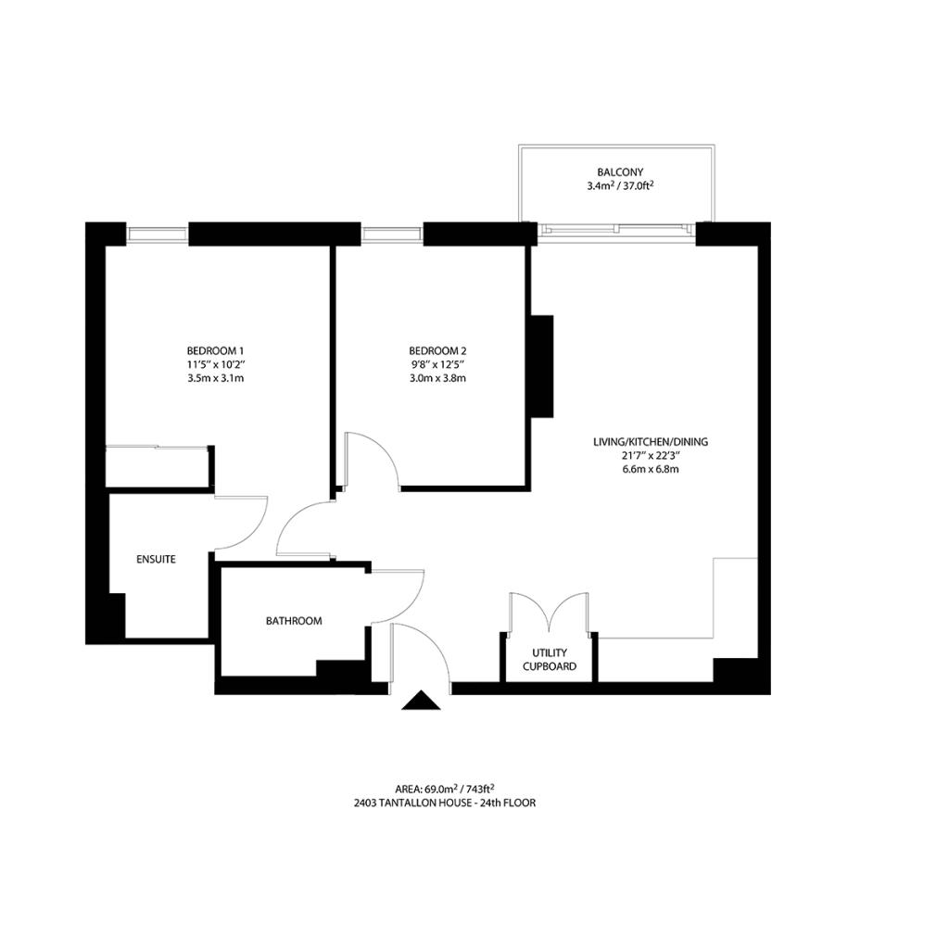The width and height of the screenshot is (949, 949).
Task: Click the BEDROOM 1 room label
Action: point(215,350)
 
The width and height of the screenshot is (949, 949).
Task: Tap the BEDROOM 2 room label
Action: point(437,350)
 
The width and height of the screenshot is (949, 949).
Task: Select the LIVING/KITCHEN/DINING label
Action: point(651,442)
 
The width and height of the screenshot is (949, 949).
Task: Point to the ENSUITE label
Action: point(156,559)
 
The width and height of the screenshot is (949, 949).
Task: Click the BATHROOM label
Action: point(294,621)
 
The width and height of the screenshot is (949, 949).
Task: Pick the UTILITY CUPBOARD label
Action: point(550,659)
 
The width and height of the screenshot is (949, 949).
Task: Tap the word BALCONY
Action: point(620,172)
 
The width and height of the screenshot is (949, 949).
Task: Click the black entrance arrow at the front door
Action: point(421,702)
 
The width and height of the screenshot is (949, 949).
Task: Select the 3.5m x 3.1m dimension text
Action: point(215,378)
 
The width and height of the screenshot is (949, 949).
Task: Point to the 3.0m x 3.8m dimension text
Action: point(437,378)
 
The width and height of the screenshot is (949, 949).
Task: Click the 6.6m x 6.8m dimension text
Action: point(651,469)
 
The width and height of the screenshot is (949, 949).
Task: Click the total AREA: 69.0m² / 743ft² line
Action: point(444,789)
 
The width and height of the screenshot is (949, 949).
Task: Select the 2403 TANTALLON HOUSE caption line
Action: point(444,803)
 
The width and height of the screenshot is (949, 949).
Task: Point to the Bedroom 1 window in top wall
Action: point(158,233)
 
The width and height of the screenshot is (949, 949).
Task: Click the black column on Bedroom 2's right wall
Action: point(541,366)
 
